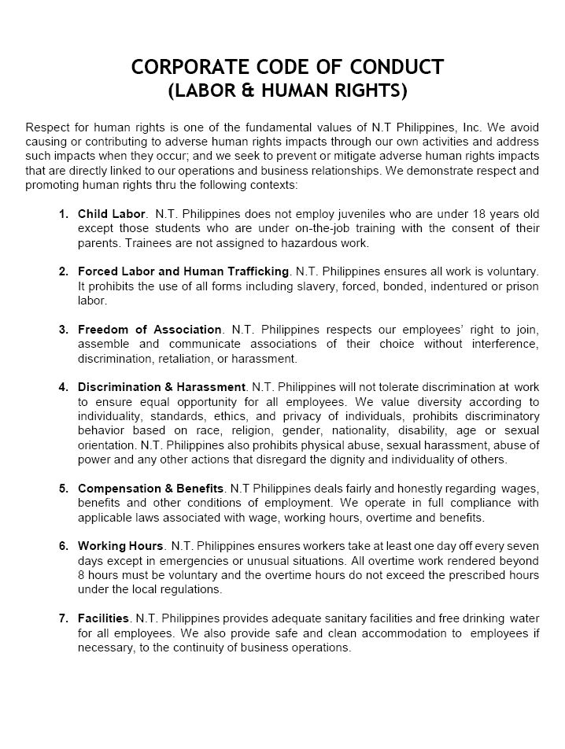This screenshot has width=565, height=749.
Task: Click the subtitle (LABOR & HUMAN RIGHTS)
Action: [288, 92]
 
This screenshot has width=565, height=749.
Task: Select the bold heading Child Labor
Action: [112, 214]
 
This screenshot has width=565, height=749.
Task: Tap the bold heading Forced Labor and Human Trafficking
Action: [183, 271]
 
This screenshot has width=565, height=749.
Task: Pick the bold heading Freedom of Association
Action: [150, 330]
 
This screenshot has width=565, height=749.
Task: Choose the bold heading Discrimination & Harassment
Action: [162, 387]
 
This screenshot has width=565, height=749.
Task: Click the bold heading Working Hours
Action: [120, 546]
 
